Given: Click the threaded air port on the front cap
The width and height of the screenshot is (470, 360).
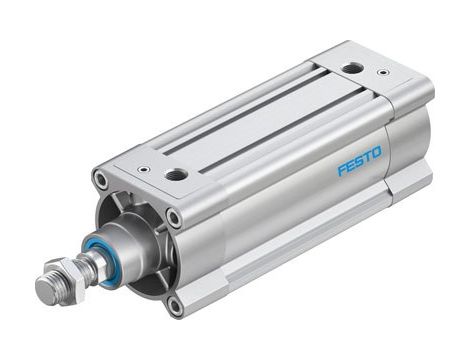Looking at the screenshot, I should pyautogui.click(x=176, y=175).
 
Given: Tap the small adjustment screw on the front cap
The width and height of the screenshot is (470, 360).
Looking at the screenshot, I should pyautogui.click(x=144, y=169).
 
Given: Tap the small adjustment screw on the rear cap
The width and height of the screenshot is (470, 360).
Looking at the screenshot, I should pyautogui.click(x=382, y=72).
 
